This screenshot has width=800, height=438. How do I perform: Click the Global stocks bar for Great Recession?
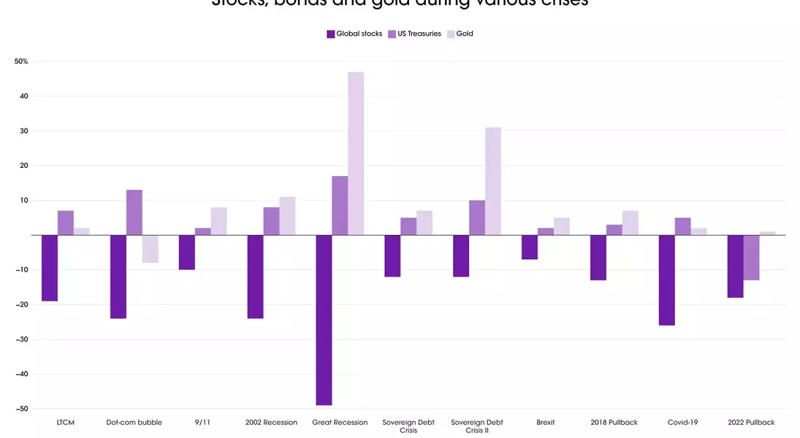pyautogui.click(x=324, y=320)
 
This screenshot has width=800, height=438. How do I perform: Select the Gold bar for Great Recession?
pyautogui.click(x=356, y=153)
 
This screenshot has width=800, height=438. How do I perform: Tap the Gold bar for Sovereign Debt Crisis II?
pyautogui.click(x=493, y=181)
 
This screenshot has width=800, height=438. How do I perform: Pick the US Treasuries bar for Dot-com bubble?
pyautogui.click(x=134, y=212)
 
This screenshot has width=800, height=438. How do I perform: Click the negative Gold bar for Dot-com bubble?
pyautogui.click(x=151, y=249)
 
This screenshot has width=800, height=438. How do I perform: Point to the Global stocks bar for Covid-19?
pyautogui.click(x=666, y=280)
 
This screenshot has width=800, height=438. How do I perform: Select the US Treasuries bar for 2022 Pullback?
pyautogui.click(x=751, y=258)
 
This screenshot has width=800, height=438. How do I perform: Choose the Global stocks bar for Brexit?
pyautogui.click(x=530, y=247)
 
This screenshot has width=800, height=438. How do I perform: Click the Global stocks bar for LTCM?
pyautogui.click(x=50, y=268)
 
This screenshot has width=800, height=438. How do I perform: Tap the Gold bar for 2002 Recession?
pyautogui.click(x=287, y=216)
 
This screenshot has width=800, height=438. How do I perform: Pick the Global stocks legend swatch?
pyautogui.click(x=330, y=34)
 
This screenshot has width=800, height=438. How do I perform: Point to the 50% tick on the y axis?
pyautogui.click(x=21, y=61)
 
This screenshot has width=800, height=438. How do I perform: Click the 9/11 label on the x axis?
pyautogui.click(x=203, y=423)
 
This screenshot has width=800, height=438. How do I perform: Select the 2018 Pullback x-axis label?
pyautogui.click(x=614, y=423)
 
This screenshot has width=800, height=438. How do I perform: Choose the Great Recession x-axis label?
pyautogui.click(x=340, y=423)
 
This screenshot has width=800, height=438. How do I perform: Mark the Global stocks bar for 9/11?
pyautogui.click(x=187, y=253)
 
